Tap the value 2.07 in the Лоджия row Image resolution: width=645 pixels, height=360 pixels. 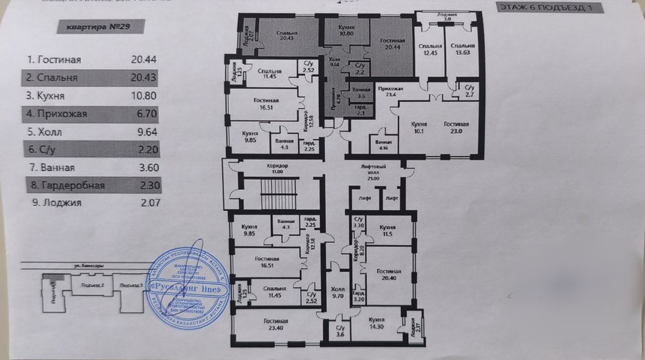tap(147, 203)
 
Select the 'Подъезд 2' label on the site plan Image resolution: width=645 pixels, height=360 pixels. tap(88, 284)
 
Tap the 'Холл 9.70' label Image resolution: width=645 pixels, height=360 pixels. tap(337, 293)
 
